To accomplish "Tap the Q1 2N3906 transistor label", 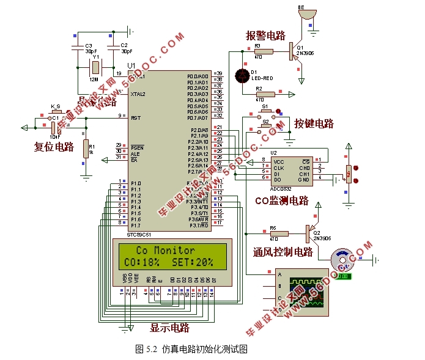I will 305,50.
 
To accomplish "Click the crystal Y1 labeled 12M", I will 95,67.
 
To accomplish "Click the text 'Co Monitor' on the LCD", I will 165,250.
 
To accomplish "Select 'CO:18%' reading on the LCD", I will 142,262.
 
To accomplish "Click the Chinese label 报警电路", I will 265,35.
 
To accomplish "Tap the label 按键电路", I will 314,123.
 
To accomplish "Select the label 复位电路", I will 54,147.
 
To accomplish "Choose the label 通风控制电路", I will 283,252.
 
